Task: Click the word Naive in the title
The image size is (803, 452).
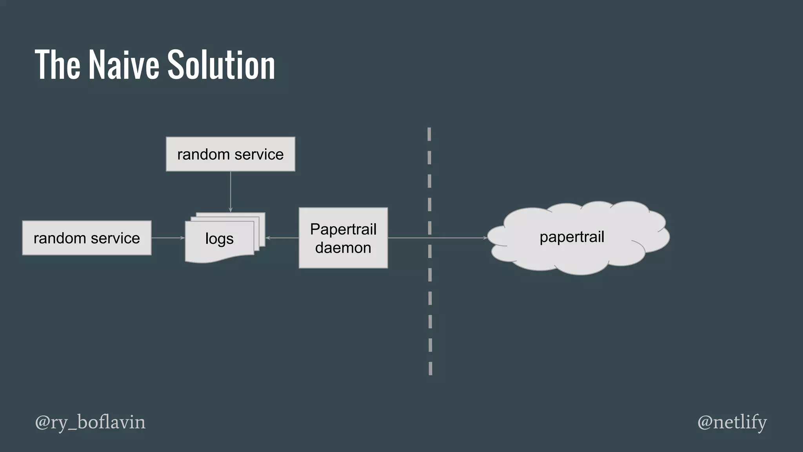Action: pyautogui.click(x=124, y=65)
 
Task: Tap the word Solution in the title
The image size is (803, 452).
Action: pyautogui.click(x=221, y=65)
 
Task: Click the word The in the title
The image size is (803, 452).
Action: pyautogui.click(x=58, y=65)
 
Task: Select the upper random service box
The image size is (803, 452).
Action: pyautogui.click(x=231, y=154)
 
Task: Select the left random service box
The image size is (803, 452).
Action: pyautogui.click(x=87, y=238)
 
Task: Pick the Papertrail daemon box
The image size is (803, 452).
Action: pyautogui.click(x=343, y=238)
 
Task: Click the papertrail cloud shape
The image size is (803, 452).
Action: pyautogui.click(x=578, y=238)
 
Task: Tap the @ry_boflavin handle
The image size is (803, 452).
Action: pyautogui.click(x=90, y=422)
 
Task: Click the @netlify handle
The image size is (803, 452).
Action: pyautogui.click(x=732, y=422)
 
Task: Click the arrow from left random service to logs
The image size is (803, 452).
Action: pyautogui.click(x=168, y=238)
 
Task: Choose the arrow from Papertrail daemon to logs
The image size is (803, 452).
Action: pyautogui.click(x=282, y=238)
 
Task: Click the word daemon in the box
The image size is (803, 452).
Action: pyautogui.click(x=343, y=248)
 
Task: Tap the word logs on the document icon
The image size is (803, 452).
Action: pyautogui.click(x=219, y=239)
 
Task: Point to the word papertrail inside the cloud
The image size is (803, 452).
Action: pyautogui.click(x=572, y=237)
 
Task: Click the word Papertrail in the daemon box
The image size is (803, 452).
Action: pyautogui.click(x=343, y=229)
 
